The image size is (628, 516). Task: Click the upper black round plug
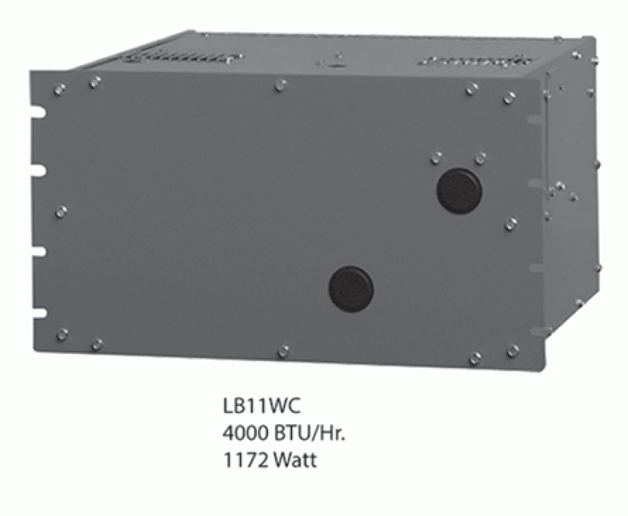459,190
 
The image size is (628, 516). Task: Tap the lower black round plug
351,289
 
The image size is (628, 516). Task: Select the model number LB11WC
262,406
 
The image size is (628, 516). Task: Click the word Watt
295,461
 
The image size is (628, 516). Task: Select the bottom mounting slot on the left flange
40,312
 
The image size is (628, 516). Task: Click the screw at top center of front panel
281,84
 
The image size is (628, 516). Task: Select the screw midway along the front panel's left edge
61,212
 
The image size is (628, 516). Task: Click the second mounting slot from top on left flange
40,170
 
